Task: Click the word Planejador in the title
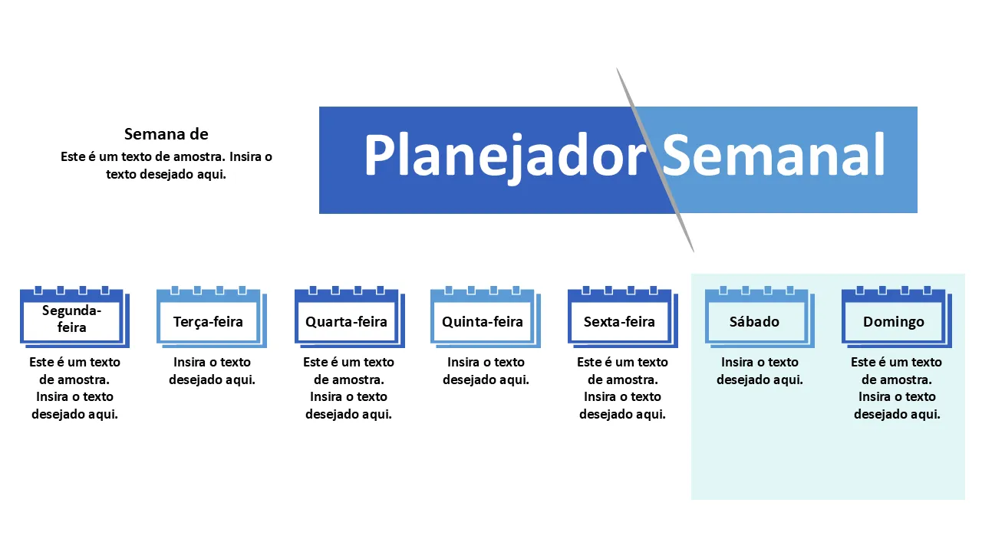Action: (x=505, y=156)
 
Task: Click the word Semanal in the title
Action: (x=773, y=156)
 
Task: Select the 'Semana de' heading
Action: (x=166, y=134)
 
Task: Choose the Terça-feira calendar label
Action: (x=208, y=321)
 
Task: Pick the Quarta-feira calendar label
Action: (x=346, y=321)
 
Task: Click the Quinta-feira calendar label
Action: (x=483, y=321)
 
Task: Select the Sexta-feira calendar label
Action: (x=619, y=321)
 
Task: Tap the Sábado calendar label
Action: (x=755, y=321)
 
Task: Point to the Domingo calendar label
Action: (x=894, y=321)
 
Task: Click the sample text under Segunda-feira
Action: (x=74, y=388)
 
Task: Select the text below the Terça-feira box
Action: (x=212, y=370)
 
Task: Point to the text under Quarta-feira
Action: (x=348, y=388)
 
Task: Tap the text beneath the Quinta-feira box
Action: (x=486, y=370)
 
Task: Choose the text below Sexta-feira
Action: (x=622, y=388)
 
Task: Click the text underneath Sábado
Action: (x=760, y=370)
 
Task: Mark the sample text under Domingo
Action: (x=896, y=388)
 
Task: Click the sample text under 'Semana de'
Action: (x=166, y=165)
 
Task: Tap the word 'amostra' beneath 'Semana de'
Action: (x=198, y=156)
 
